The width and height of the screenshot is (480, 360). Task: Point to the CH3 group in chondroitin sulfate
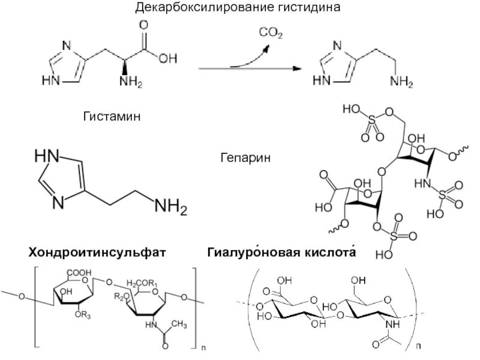click(x=178, y=325)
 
